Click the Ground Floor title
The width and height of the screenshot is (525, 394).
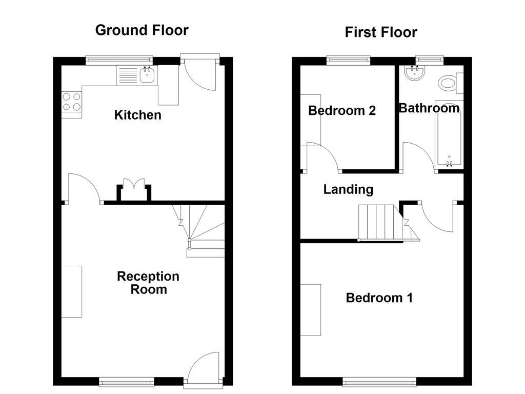(x=142, y=30)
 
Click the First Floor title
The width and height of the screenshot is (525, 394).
(x=380, y=32)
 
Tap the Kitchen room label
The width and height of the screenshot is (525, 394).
(x=137, y=115)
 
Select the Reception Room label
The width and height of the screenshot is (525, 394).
(x=148, y=283)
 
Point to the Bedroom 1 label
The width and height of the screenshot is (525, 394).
(x=379, y=298)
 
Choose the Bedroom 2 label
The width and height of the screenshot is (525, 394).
(x=341, y=110)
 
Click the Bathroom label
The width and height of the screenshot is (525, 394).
(x=429, y=108)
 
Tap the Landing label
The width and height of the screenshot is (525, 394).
(x=348, y=189)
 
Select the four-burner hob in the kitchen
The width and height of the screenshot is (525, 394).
(x=72, y=101)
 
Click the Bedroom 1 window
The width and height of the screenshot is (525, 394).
(x=379, y=382)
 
